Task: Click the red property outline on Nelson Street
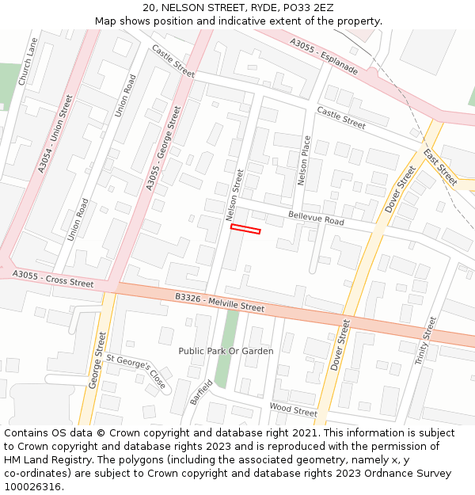pyautogui.click(x=245, y=230)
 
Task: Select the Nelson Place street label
pyautogui.click(x=305, y=161)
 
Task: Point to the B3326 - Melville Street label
pyautogui.click(x=219, y=302)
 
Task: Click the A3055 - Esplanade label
pyautogui.click(x=324, y=57)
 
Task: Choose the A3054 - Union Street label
pyautogui.click(x=55, y=134)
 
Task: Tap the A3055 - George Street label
pyautogui.click(x=163, y=148)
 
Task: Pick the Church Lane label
pyautogui.click(x=28, y=62)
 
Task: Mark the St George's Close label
pyautogui.click(x=137, y=372)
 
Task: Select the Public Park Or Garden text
pyautogui.click(x=226, y=351)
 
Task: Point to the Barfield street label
pyautogui.click(x=201, y=392)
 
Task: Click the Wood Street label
pyautogui.click(x=293, y=409)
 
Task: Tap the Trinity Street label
pyautogui.click(x=425, y=341)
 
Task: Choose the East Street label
pyautogui.click(x=440, y=166)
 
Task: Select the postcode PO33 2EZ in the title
pyautogui.click(x=306, y=8)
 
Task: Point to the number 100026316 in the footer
pyautogui.click(x=32, y=487)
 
